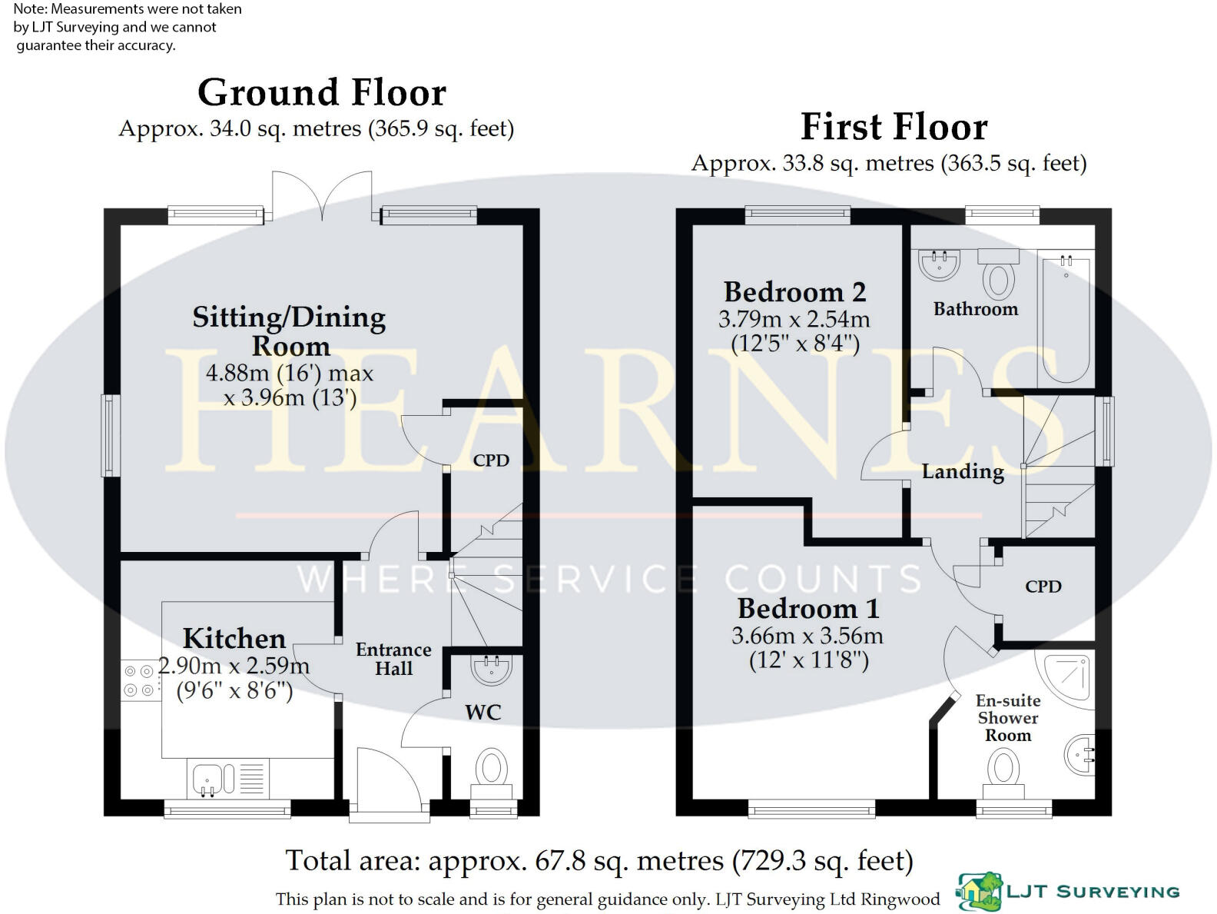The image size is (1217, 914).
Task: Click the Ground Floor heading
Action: [321, 93]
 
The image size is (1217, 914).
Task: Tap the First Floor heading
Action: [894, 128]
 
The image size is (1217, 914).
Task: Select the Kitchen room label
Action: [234, 639]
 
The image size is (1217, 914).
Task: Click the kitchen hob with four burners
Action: [140, 681]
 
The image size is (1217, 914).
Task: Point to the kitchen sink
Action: [207, 777]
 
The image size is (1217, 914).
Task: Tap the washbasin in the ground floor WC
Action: [491, 670]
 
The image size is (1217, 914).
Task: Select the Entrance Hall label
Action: [393, 659]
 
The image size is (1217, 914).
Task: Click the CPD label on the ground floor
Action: [491, 460]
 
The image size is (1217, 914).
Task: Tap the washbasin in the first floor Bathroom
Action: [939, 264]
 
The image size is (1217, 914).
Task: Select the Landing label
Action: [963, 471]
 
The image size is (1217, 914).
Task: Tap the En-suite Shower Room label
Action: [1008, 718]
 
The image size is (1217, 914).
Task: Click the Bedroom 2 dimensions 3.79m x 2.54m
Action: [794, 319]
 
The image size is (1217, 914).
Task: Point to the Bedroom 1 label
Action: [807, 609]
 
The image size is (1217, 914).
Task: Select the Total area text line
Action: [599, 861]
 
